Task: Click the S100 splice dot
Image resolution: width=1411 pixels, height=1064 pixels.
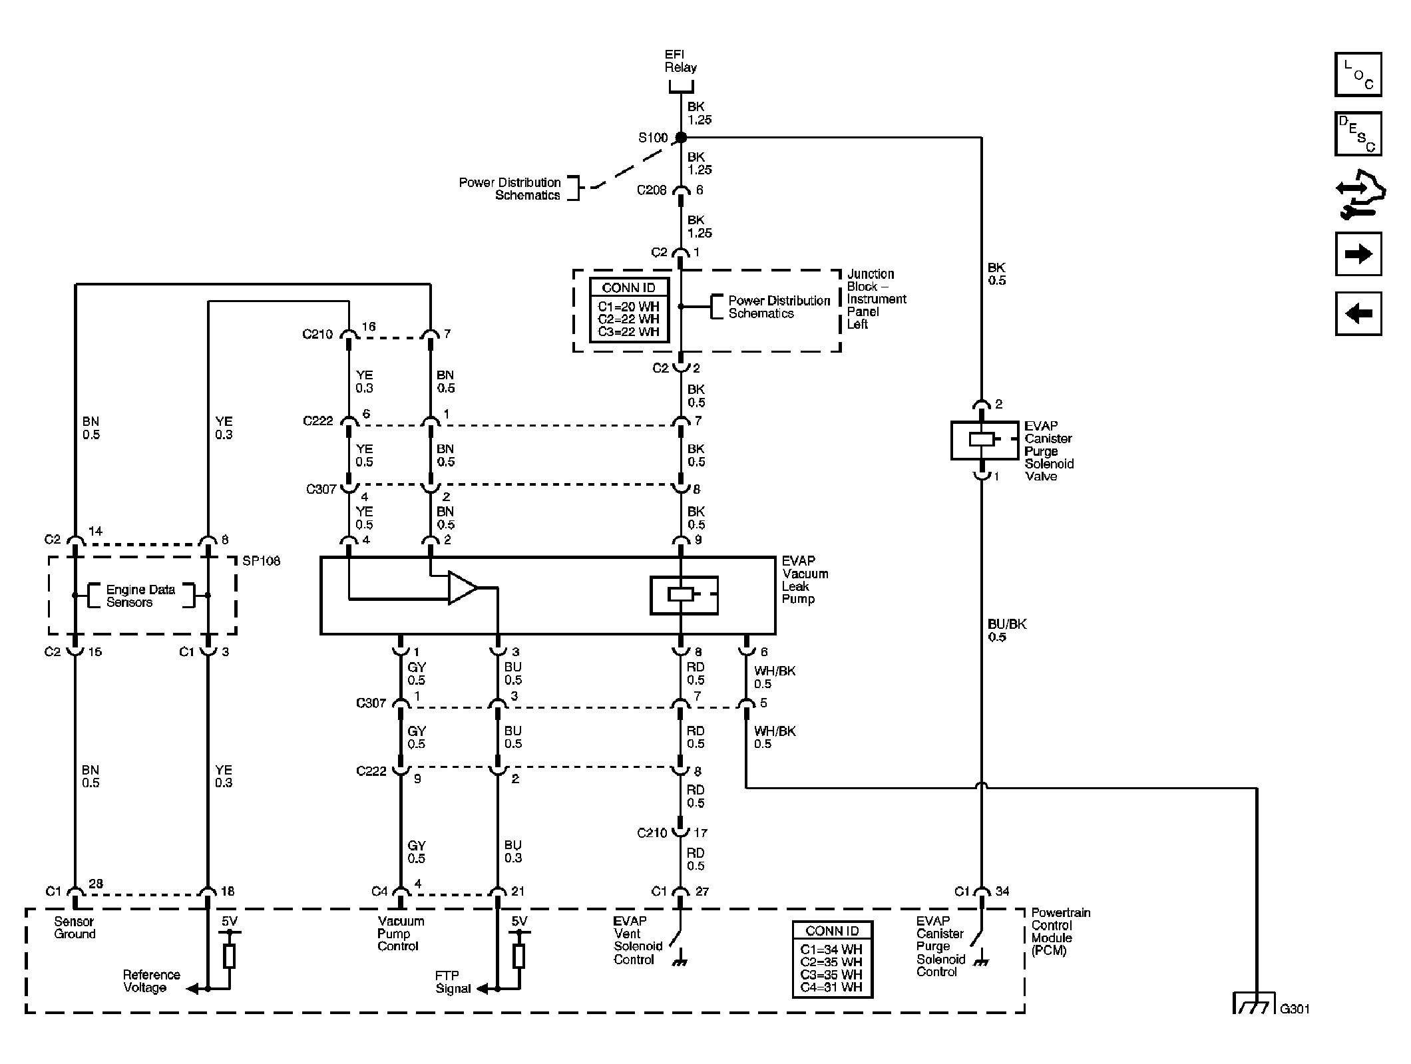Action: [x=680, y=138]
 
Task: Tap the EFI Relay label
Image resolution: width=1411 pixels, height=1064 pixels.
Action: [x=680, y=61]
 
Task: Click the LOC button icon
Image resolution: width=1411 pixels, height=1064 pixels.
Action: [x=1358, y=75]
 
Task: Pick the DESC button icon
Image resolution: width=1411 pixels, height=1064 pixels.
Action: [x=1358, y=134]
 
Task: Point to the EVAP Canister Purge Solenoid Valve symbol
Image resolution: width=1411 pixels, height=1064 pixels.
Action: [x=983, y=440]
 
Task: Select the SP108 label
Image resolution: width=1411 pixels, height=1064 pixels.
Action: [x=261, y=561]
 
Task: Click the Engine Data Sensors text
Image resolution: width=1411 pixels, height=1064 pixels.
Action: [x=140, y=596]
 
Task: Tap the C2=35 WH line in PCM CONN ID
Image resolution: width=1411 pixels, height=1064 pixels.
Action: [x=831, y=962]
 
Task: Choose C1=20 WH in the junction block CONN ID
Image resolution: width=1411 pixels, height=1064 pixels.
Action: [x=628, y=307]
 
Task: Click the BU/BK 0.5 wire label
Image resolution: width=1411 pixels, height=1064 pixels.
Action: [x=1006, y=630]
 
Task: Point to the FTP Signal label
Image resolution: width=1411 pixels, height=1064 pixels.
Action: [x=453, y=982]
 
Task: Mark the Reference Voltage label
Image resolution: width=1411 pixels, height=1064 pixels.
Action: [x=151, y=981]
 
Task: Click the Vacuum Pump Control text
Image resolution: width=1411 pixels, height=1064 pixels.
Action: [x=401, y=934]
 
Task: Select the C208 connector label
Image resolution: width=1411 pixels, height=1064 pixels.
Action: [x=651, y=190]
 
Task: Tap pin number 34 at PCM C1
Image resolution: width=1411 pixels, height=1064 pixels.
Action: [x=1002, y=891]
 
